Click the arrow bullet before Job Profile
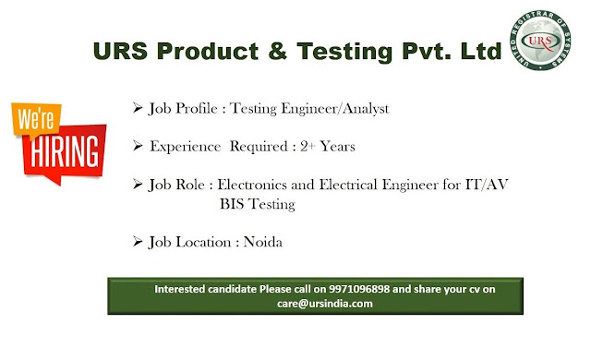coord(137,108)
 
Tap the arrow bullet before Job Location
coord(137,242)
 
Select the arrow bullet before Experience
coord(137,146)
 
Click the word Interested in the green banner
coord(188,290)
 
